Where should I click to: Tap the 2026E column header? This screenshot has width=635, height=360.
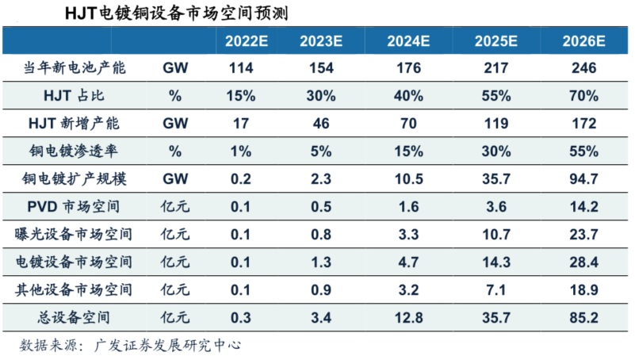click(x=583, y=41)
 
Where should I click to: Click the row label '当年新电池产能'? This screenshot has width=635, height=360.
click(x=75, y=68)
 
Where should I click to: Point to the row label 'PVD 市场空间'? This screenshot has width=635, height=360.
click(x=75, y=206)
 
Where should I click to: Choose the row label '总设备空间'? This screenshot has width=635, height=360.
click(x=75, y=317)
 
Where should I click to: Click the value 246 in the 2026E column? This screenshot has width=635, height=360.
click(x=583, y=68)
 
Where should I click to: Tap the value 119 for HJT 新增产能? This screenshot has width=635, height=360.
click(x=495, y=124)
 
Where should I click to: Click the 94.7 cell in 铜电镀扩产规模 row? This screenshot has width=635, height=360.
click(x=583, y=179)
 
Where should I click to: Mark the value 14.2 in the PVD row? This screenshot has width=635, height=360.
click(x=583, y=206)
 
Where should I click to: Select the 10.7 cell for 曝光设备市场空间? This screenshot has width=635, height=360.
click(x=495, y=234)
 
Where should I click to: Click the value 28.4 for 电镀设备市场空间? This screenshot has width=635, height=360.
click(x=583, y=262)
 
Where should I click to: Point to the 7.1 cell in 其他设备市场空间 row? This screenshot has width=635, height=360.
click(x=495, y=289)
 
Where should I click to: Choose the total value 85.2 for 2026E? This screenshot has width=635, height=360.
click(x=583, y=317)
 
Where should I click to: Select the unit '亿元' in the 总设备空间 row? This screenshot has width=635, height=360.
click(x=175, y=317)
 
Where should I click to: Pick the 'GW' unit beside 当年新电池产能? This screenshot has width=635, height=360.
click(x=175, y=68)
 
